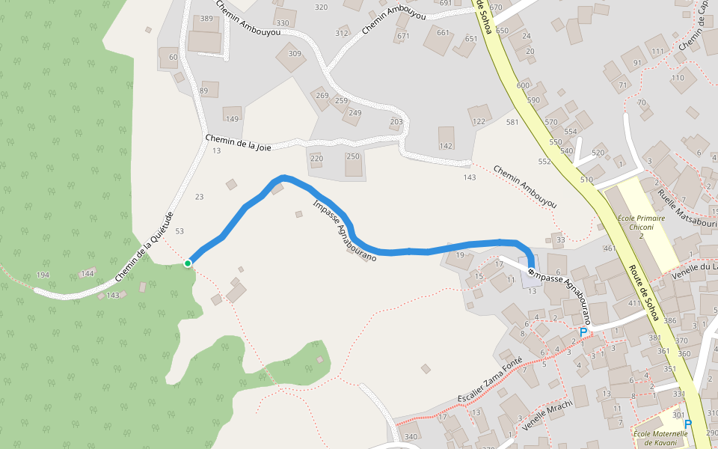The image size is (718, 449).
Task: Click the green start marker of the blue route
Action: [x=188, y=263]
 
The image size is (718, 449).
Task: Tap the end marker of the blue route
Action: [x=531, y=272]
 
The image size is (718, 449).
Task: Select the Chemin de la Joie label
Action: [x=238, y=142]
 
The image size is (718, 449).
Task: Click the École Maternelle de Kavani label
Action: [x=660, y=438]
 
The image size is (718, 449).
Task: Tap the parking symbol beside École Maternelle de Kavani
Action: [x=688, y=424]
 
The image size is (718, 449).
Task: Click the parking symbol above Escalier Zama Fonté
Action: [x=583, y=331]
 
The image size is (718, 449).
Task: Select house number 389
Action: [x=206, y=18]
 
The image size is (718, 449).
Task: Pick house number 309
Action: [x=295, y=54]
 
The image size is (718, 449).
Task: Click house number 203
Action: [x=396, y=122]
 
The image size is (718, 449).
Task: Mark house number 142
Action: [x=447, y=146]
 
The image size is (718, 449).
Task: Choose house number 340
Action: [x=411, y=437]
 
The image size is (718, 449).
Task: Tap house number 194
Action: [x=43, y=275]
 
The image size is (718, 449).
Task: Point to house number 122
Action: [x=479, y=121]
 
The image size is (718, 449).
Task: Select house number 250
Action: [x=352, y=156]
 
